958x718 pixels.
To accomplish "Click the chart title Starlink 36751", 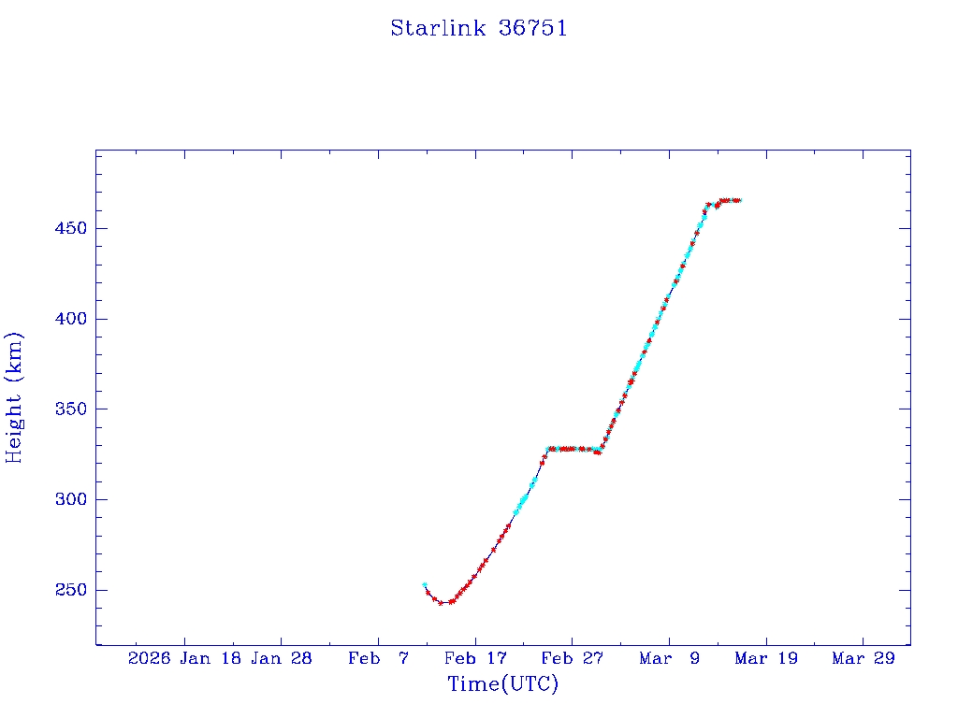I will (478, 29).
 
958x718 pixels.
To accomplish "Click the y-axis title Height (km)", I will (14, 397).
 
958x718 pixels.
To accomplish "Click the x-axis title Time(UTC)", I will (502, 684).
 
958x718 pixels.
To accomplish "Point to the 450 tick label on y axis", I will (68, 229).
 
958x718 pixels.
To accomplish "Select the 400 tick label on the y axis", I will (68, 319).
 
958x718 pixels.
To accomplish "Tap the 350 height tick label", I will (68, 409).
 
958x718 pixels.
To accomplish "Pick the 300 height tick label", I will (68, 500).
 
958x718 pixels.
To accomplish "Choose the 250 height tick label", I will (68, 591).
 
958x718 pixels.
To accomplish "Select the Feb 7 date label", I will (378, 659).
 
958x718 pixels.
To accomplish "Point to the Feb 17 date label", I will (475, 659).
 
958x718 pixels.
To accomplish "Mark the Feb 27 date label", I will (573, 659).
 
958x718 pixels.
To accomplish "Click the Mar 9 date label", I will (670, 659).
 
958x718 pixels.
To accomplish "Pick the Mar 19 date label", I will (767, 659).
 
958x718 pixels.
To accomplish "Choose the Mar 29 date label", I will (864, 659).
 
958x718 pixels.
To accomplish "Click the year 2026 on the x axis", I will (149, 659).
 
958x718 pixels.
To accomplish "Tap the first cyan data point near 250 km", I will (425, 585).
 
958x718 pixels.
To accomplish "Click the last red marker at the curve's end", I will (738, 200).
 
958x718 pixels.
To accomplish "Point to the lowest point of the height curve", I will (442, 603).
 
